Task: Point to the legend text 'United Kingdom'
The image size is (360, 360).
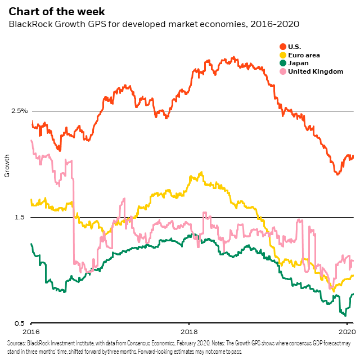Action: [315, 71]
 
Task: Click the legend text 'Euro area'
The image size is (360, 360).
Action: [304, 55]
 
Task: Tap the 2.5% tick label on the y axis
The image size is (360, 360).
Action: [19, 111]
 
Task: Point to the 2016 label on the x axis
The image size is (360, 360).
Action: [31, 332]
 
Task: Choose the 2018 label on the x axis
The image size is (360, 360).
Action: [189, 332]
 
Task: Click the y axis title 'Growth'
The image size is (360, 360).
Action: [7, 165]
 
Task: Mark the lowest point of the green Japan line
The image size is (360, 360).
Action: [344, 315]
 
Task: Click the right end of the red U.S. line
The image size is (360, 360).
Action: [353, 156]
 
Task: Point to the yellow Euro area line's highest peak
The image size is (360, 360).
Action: [201, 173]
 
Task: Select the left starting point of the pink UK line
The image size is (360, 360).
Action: [31, 141]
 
